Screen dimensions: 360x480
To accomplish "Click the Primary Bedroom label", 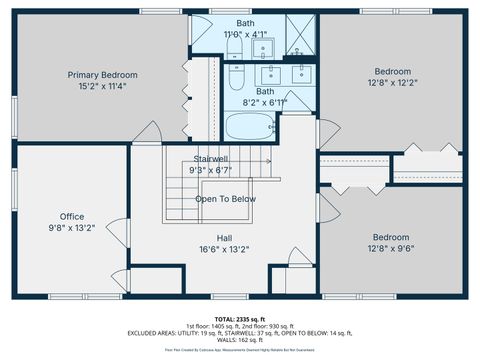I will click(x=102, y=75).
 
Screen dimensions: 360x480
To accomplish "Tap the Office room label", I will click(x=71, y=216).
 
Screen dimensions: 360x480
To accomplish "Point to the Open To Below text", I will click(x=224, y=198).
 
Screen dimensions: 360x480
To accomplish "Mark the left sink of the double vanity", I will click(x=270, y=72).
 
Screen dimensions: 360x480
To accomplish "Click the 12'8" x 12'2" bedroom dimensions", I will click(x=392, y=84).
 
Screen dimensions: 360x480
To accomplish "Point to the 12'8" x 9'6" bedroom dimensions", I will click(x=392, y=249).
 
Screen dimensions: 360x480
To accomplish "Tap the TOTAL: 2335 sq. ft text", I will click(x=240, y=317).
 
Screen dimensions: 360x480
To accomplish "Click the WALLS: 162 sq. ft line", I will click(x=240, y=340).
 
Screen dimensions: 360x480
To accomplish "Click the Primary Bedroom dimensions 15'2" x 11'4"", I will click(x=102, y=87).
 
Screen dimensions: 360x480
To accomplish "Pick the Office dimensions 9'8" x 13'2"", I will click(x=71, y=228).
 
